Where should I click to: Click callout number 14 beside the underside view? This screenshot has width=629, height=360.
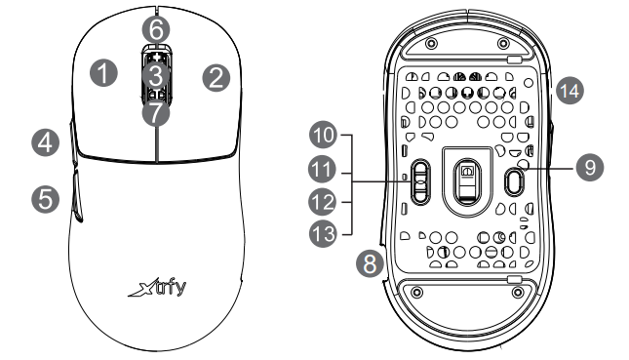(569, 91)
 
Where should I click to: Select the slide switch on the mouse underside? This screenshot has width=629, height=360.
(418, 180)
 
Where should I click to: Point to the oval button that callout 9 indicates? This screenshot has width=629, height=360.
(516, 178)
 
